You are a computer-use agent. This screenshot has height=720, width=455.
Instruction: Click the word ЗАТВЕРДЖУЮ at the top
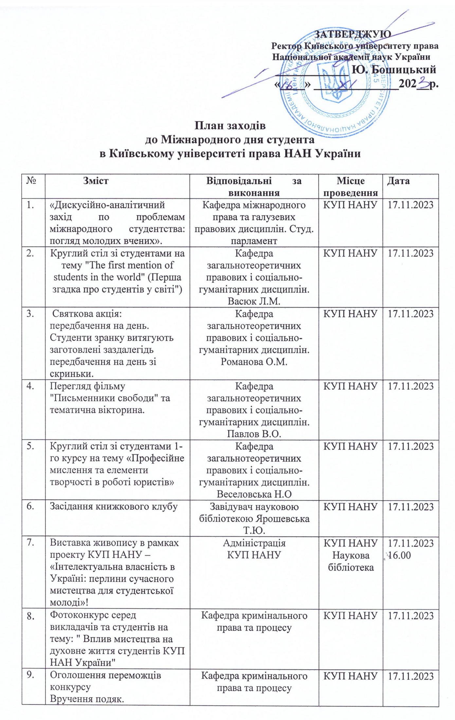(352, 34)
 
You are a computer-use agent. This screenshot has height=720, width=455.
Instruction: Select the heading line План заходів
(230, 126)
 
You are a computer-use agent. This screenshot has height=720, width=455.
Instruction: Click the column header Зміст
(96, 180)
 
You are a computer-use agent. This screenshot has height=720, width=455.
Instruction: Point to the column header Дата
(398, 180)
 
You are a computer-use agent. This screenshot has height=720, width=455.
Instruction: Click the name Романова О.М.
(254, 362)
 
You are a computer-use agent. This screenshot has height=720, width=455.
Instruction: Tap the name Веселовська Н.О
(254, 494)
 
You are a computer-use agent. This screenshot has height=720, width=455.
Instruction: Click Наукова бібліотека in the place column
(351, 561)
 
